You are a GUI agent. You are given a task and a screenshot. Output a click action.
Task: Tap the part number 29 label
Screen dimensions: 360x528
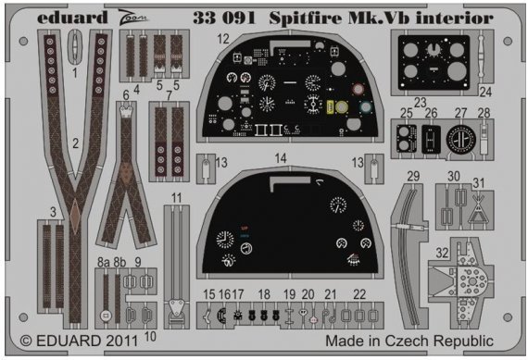tap(413, 176)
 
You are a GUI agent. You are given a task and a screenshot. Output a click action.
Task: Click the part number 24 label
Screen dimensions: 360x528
tap(485, 91)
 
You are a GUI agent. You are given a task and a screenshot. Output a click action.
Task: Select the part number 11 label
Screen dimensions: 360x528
tap(176, 198)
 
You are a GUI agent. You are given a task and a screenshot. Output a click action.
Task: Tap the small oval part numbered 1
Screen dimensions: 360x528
tap(75, 43)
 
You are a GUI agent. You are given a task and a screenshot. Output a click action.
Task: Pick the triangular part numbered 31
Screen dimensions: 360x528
tap(479, 211)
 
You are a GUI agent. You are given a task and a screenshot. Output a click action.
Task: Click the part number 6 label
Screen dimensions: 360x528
tap(126, 94)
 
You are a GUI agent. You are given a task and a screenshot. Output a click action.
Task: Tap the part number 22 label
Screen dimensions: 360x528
tap(358, 293)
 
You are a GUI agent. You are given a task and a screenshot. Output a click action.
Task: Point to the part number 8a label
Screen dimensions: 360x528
tap(104, 262)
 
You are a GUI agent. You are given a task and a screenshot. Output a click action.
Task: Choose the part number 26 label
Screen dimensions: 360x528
tap(431, 114)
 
